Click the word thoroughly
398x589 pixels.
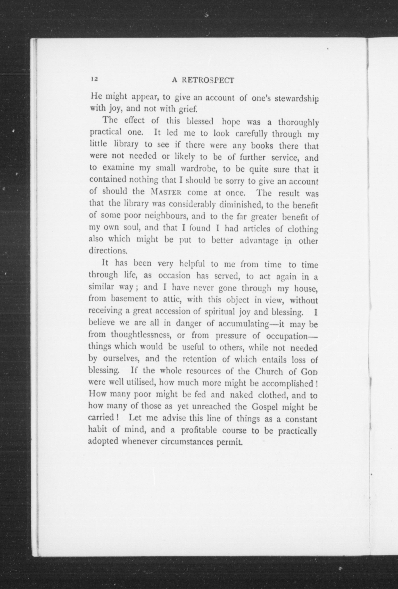(298, 123)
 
